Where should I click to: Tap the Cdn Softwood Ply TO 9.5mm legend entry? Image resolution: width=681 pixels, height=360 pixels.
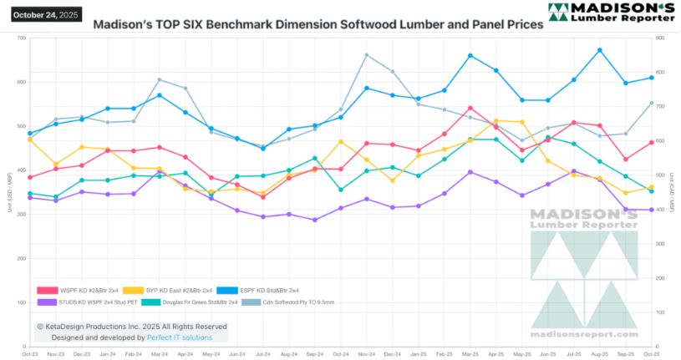(x=297, y=302)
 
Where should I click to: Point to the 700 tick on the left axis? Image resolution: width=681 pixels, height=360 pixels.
(x=21, y=38)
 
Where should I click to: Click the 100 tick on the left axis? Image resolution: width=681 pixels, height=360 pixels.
(x=21, y=302)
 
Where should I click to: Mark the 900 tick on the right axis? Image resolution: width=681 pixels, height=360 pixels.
(x=660, y=38)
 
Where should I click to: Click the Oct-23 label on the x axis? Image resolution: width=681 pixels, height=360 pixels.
(x=30, y=354)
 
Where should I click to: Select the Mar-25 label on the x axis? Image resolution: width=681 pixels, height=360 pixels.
(x=470, y=354)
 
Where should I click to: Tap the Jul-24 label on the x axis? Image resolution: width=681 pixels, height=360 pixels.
(x=262, y=354)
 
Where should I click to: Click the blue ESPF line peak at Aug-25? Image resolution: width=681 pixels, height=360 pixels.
(x=600, y=50)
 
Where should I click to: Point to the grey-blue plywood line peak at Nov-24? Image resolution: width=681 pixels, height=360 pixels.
(x=367, y=55)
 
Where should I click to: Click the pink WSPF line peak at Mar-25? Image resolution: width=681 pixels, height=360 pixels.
(x=470, y=108)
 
